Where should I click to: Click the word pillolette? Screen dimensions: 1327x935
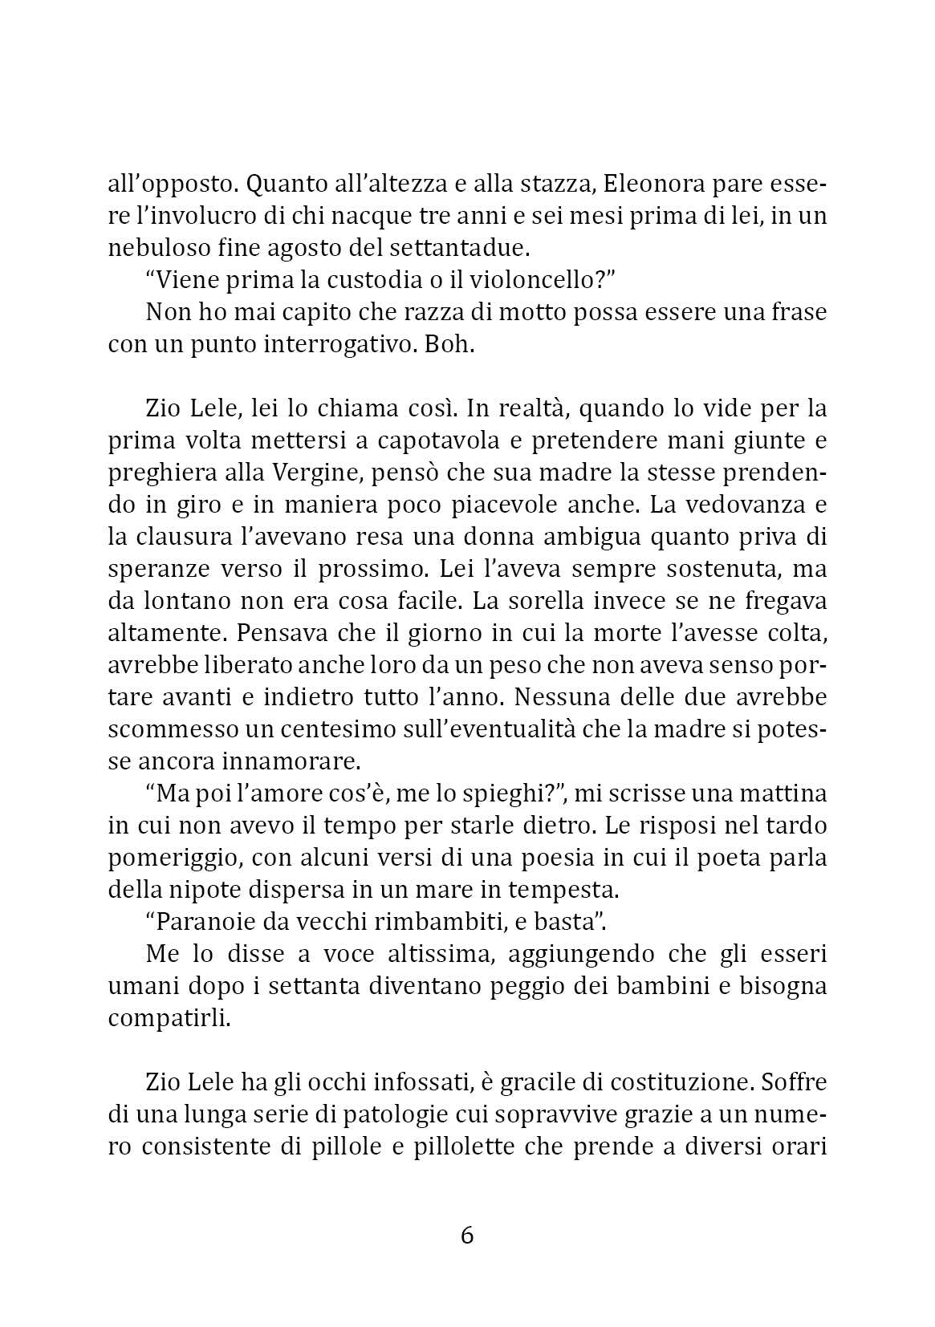click(465, 1147)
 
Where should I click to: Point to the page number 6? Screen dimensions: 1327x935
click(467, 1236)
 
